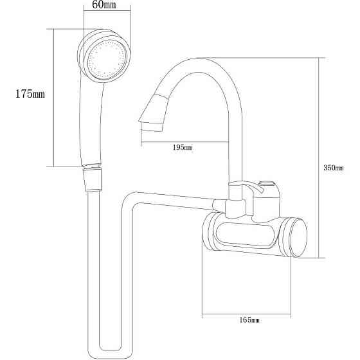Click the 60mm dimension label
click(x=104, y=4)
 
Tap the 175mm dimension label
click(x=30, y=94)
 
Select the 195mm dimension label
click(x=183, y=147)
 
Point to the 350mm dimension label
click(x=334, y=168)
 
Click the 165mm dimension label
click(x=249, y=320)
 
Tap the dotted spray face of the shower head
click(x=107, y=59)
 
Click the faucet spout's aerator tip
click(x=152, y=126)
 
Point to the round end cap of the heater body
click(x=298, y=238)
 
